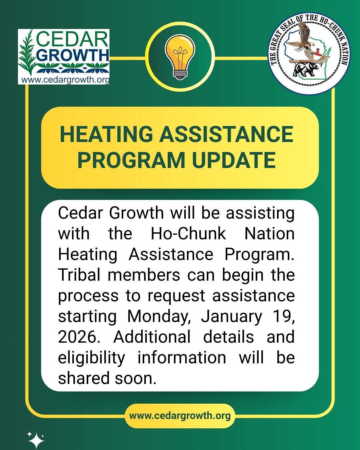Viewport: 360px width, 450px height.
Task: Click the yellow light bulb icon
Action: [x=180, y=57]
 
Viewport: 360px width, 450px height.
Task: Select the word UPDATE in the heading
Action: [x=234, y=160]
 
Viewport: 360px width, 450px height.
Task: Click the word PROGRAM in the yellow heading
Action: [x=131, y=160]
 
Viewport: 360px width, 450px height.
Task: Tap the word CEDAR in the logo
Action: [x=72, y=40]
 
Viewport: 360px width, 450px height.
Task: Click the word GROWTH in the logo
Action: [x=74, y=55]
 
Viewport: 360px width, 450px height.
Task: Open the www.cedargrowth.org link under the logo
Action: [x=65, y=80]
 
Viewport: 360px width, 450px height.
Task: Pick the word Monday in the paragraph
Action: [x=159, y=317]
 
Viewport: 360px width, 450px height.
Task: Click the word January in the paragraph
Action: [x=232, y=317]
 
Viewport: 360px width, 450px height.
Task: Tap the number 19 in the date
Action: [x=284, y=316]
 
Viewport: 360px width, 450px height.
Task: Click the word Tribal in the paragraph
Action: [x=79, y=275]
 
